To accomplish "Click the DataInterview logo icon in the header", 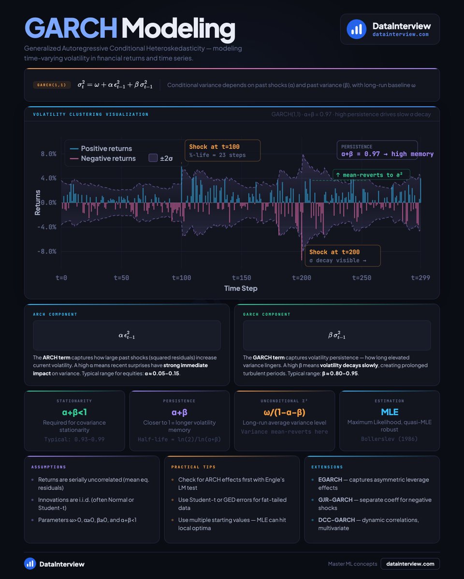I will click(357, 29).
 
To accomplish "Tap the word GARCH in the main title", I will click(71, 29).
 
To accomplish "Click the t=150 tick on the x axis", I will click(241, 277).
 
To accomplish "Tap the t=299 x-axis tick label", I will click(420, 277).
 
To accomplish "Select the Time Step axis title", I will click(241, 288).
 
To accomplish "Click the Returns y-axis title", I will click(38, 202).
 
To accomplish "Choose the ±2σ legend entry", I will click(161, 158).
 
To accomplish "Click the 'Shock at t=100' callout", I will click(222, 151).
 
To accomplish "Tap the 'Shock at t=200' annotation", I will click(342, 256).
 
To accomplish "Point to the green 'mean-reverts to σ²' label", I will click(371, 175).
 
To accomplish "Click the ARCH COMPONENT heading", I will click(55, 314).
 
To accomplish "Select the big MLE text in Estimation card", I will click(389, 412).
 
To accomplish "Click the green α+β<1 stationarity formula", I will click(74, 412).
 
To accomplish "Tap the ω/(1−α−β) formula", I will click(284, 412).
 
